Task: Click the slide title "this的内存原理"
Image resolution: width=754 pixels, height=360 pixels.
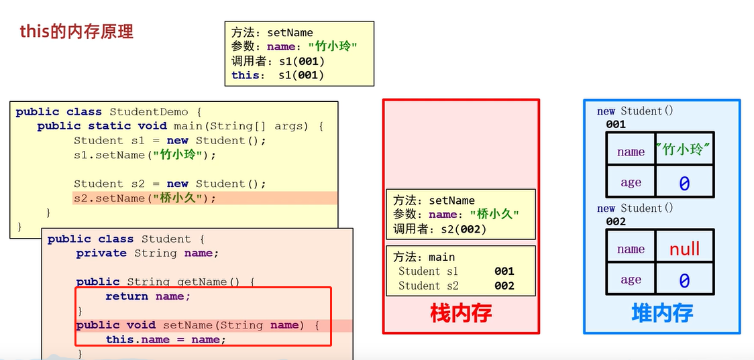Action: (76, 32)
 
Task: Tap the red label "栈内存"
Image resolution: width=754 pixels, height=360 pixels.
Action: (461, 312)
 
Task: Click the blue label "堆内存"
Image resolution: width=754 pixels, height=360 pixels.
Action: (662, 312)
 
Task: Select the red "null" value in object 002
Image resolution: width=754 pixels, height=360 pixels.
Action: (684, 249)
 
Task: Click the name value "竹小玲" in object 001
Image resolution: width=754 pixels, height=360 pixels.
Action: (684, 150)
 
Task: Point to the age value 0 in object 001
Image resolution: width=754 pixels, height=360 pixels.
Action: (684, 183)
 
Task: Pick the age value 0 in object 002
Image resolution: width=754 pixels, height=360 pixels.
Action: (684, 280)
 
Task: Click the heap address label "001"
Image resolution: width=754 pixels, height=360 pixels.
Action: (615, 124)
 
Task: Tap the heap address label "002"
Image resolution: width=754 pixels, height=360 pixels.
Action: (615, 221)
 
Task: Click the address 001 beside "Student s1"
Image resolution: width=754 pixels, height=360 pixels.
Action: (504, 272)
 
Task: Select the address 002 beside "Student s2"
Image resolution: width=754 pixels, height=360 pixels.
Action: (504, 286)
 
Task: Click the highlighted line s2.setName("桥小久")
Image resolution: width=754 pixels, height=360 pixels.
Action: (145, 198)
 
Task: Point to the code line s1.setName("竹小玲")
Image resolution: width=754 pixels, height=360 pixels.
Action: (145, 155)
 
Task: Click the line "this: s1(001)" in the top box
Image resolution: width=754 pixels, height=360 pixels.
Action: (278, 75)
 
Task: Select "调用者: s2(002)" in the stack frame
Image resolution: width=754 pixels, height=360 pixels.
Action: (439, 229)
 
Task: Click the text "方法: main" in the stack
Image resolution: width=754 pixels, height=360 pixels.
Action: (424, 257)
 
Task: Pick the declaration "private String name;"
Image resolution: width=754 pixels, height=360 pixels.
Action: (148, 253)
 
